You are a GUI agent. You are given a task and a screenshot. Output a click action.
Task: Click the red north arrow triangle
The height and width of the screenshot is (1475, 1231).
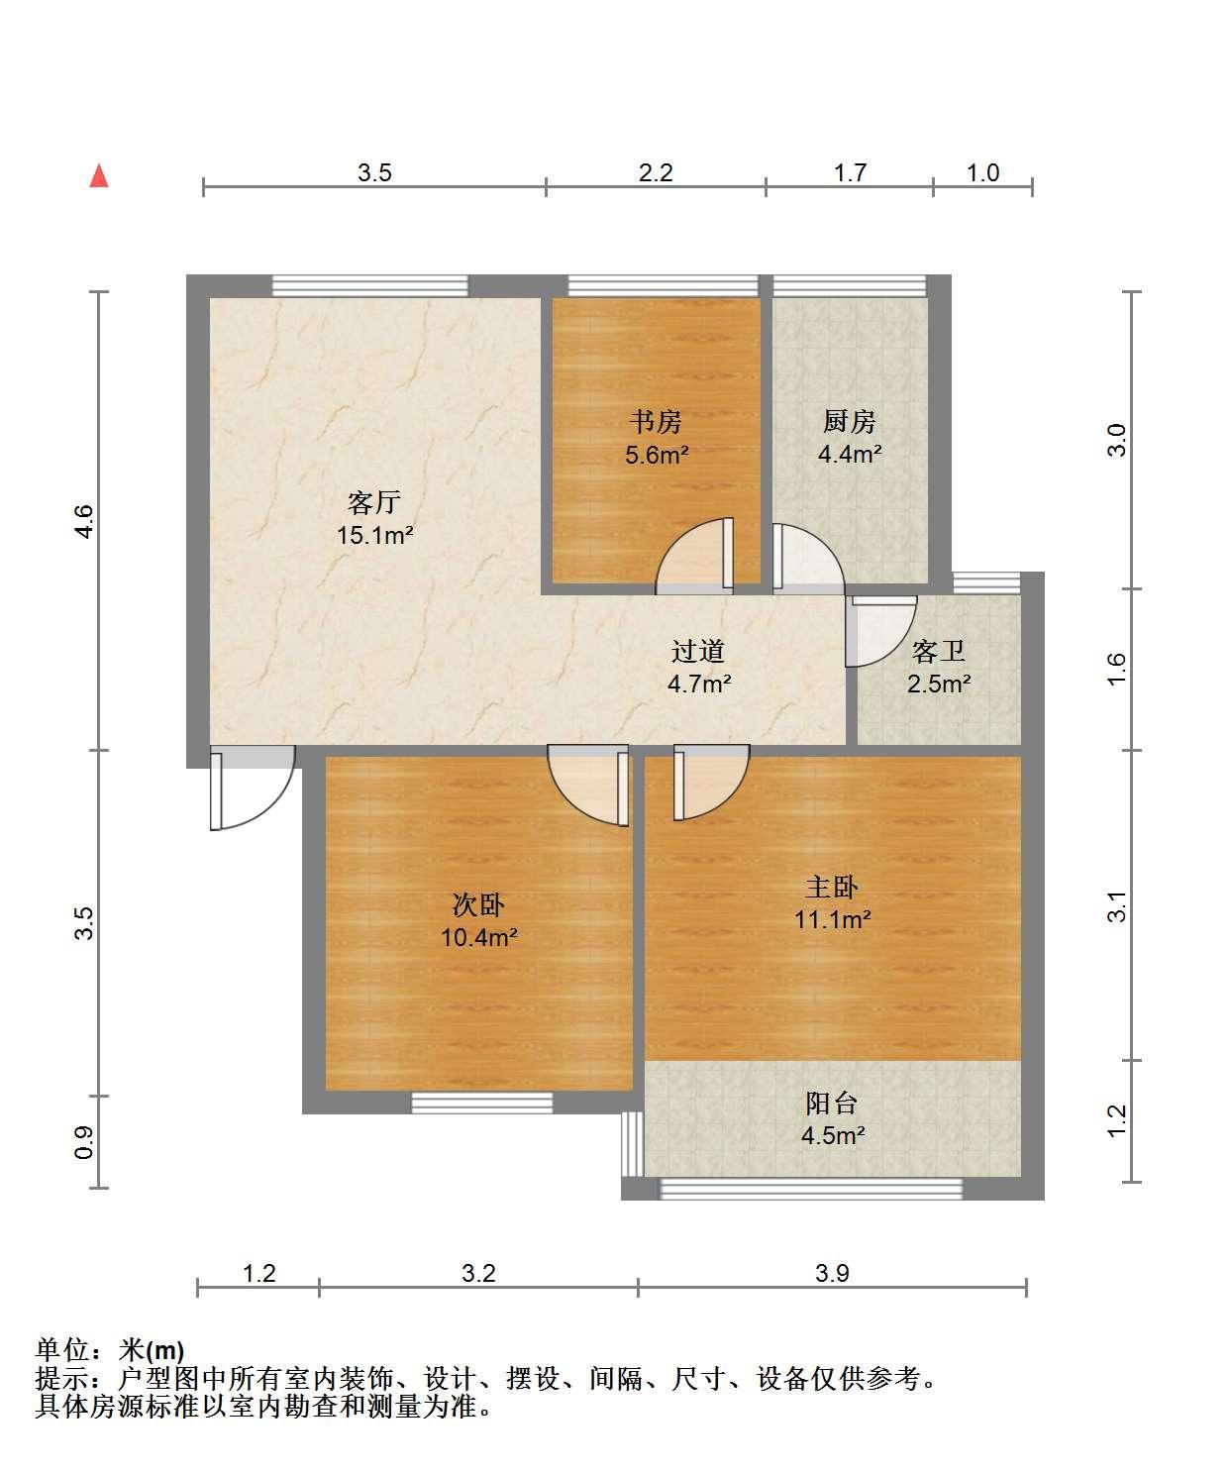[99, 176]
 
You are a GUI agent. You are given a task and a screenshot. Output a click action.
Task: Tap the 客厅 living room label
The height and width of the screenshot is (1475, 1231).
[374, 502]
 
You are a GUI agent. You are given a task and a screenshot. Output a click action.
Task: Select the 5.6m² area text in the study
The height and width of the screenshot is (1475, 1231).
[657, 455]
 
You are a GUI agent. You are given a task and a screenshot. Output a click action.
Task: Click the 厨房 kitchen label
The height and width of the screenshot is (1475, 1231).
[850, 422]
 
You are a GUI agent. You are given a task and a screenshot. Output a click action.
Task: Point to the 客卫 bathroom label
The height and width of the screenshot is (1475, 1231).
[939, 651]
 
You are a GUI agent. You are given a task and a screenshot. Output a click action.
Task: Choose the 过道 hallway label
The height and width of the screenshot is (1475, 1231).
[698, 651]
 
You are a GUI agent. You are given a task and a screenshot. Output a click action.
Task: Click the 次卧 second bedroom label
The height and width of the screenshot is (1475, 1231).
[479, 904]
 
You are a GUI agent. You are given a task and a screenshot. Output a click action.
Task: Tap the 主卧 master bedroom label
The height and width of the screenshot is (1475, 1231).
[833, 888]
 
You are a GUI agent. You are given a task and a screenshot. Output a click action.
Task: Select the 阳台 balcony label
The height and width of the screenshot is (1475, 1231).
[833, 1104]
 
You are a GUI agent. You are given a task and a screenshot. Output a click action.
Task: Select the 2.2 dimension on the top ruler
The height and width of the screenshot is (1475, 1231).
[656, 173]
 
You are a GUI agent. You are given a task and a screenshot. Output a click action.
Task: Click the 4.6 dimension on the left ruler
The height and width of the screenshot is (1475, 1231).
[84, 521]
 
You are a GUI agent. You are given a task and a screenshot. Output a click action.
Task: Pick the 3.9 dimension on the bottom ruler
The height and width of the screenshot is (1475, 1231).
[832, 1272]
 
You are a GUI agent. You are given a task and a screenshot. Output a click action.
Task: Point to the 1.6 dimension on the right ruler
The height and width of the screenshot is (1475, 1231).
[1116, 669]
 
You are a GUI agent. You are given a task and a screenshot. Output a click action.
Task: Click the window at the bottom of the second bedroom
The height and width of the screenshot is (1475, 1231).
[481, 1103]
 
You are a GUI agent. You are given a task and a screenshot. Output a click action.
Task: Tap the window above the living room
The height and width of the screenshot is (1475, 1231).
[370, 285]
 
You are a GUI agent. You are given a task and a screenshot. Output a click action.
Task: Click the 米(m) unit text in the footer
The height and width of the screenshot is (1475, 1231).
[152, 1350]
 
